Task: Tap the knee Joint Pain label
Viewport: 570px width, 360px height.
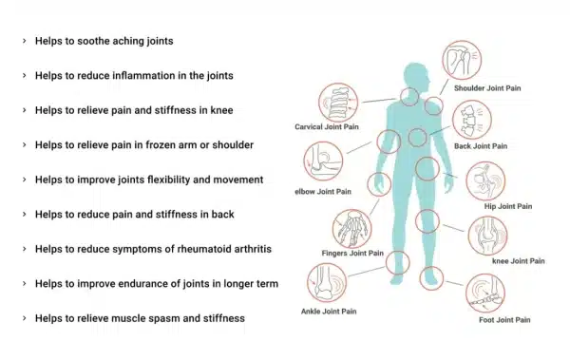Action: click(519, 260)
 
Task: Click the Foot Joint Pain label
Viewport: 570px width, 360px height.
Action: click(505, 320)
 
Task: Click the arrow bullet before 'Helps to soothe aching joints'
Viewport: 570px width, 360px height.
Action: click(24, 42)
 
